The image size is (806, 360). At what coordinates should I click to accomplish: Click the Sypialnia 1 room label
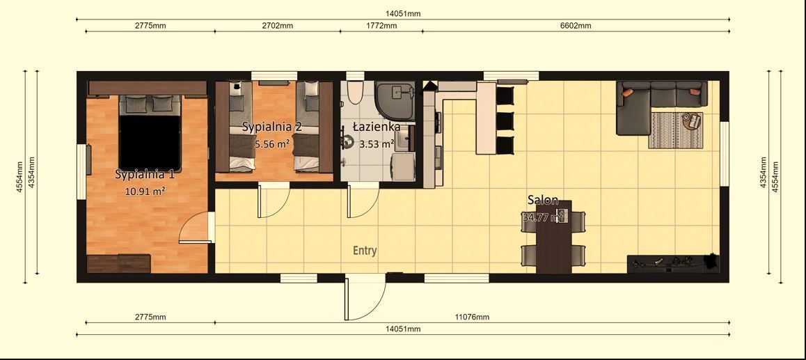[x=145, y=175]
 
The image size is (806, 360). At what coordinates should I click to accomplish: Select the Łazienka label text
[x=377, y=127]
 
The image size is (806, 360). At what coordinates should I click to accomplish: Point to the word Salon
[x=542, y=201]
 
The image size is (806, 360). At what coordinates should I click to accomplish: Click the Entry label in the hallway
[x=365, y=251]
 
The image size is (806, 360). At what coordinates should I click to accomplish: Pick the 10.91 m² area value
[x=145, y=191]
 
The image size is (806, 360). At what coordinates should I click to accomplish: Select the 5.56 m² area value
[x=271, y=144]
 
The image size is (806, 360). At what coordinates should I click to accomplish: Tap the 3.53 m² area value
[x=377, y=144]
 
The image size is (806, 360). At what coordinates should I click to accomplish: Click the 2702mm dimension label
[x=277, y=26]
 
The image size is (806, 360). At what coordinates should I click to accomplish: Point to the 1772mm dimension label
[x=381, y=26]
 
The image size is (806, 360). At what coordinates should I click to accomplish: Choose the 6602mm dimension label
[x=576, y=26]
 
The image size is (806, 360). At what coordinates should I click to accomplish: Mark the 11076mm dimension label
[x=472, y=317]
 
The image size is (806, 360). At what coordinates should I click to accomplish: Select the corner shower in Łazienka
[x=395, y=97]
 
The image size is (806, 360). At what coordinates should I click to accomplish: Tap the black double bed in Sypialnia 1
[x=149, y=139]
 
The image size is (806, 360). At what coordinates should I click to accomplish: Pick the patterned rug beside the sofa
[x=675, y=130]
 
